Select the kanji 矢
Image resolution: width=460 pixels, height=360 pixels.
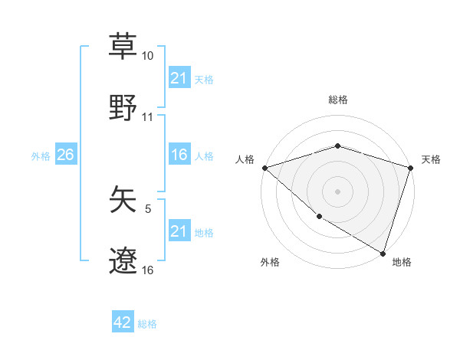pyautogui.click(x=123, y=200)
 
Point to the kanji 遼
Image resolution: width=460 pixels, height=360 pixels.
pyautogui.click(x=123, y=261)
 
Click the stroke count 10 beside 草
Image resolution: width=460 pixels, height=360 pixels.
pyautogui.click(x=148, y=56)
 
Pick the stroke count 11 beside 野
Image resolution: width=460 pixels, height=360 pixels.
pyautogui.click(x=148, y=117)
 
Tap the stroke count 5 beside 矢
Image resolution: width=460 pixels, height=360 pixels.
pyautogui.click(x=148, y=208)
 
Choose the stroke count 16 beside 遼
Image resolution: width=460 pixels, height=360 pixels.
pyautogui.click(x=148, y=270)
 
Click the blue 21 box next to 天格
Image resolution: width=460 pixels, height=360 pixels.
pyautogui.click(x=179, y=78)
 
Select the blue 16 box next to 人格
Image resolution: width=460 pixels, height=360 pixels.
pyautogui.click(x=179, y=155)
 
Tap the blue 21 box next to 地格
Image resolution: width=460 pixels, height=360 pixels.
pyautogui.click(x=179, y=231)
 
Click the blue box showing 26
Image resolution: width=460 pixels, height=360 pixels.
pyautogui.click(x=65, y=155)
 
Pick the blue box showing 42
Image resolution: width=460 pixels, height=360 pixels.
pyautogui.click(x=123, y=323)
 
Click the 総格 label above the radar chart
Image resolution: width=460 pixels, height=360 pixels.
pyautogui.click(x=338, y=100)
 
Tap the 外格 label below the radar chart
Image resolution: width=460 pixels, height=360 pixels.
pyautogui.click(x=270, y=262)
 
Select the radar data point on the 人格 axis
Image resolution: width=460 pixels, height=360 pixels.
pyautogui.click(x=264, y=168)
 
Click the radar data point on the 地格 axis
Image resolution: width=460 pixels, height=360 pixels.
pyautogui.click(x=383, y=253)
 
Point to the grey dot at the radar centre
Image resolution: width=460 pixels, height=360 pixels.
pyautogui.click(x=337, y=191)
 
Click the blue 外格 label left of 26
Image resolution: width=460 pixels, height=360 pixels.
pyautogui.click(x=41, y=155)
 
